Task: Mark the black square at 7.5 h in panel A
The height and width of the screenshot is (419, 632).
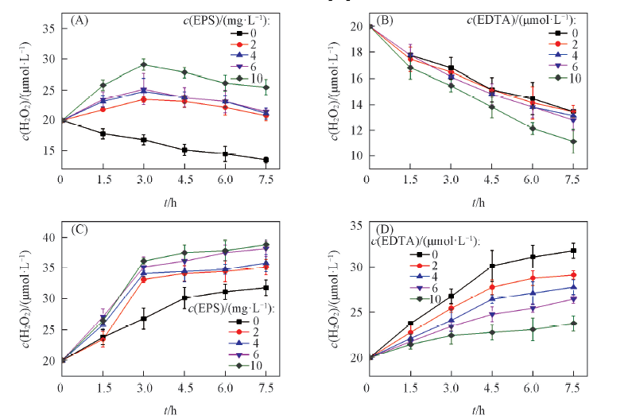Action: click(x=266, y=160)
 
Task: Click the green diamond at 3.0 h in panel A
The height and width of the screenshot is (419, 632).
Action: click(x=143, y=65)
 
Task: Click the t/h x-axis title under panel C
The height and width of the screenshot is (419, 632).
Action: click(x=165, y=408)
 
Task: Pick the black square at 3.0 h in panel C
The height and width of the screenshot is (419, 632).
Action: click(x=143, y=319)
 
